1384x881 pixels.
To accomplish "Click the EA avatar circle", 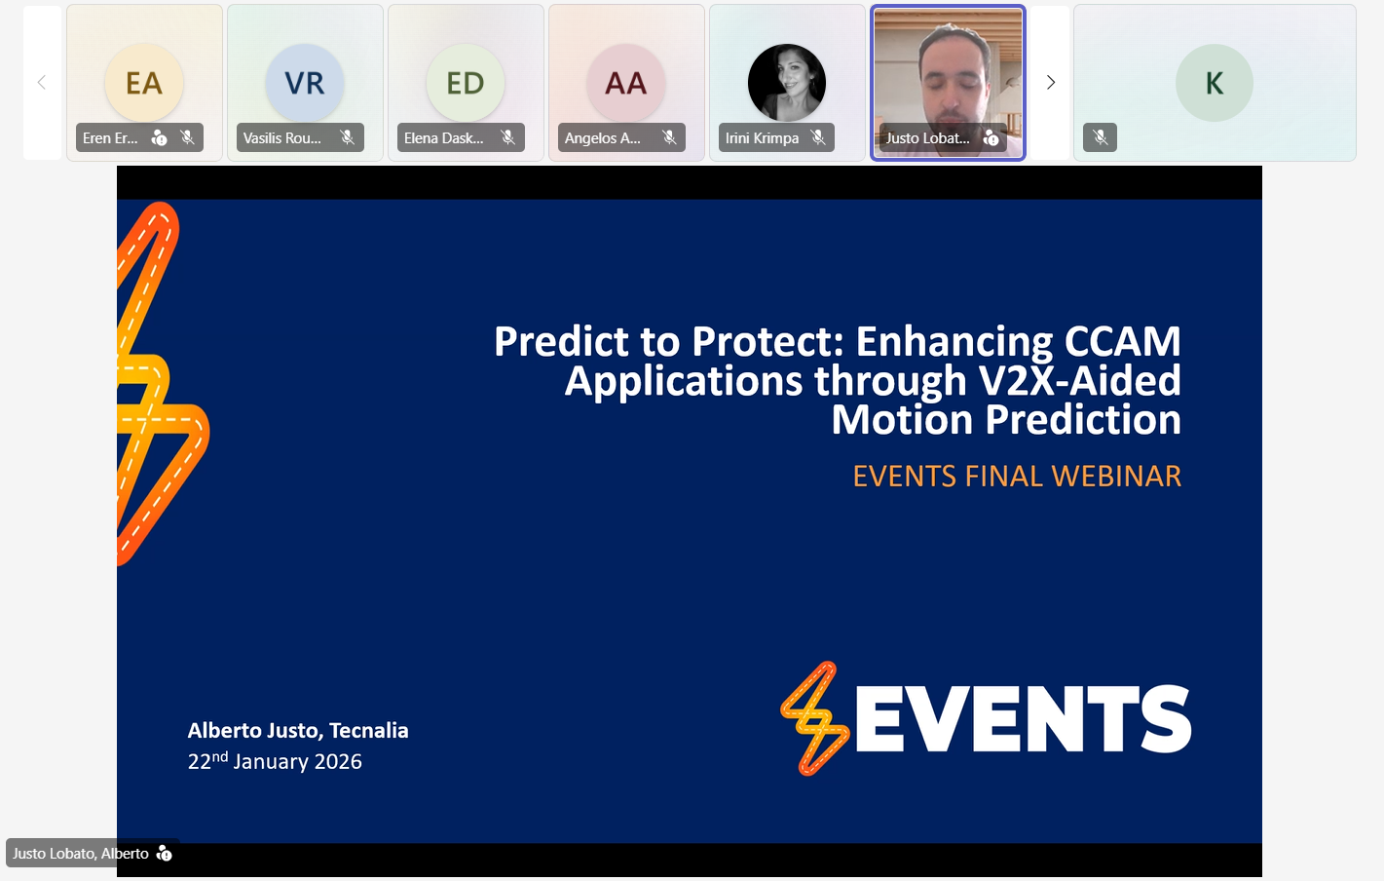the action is [144, 82].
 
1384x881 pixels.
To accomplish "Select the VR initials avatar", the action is [305, 82].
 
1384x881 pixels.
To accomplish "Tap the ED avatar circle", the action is [466, 82].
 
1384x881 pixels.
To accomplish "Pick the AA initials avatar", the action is [626, 82].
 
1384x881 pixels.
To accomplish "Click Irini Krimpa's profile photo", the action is [787, 82].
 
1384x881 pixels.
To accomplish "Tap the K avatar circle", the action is [1215, 82].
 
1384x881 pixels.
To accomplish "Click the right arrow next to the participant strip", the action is [1050, 82].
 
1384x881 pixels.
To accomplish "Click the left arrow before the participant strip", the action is [42, 82].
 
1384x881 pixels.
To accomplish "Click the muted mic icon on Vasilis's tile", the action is [348, 137].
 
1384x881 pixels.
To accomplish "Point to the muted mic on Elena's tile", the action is [507, 137].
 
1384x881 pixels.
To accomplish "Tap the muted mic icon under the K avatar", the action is [1100, 137].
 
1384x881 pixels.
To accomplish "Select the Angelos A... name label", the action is [603, 137].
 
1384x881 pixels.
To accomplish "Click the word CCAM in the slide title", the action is [1122, 341].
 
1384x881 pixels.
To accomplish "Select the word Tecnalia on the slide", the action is [368, 731].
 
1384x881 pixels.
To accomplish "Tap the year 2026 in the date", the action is [338, 762].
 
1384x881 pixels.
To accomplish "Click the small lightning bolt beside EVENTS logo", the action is [815, 718].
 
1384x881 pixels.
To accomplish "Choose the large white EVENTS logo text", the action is [1024, 718].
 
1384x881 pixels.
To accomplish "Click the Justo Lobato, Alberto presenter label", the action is [80, 854].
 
